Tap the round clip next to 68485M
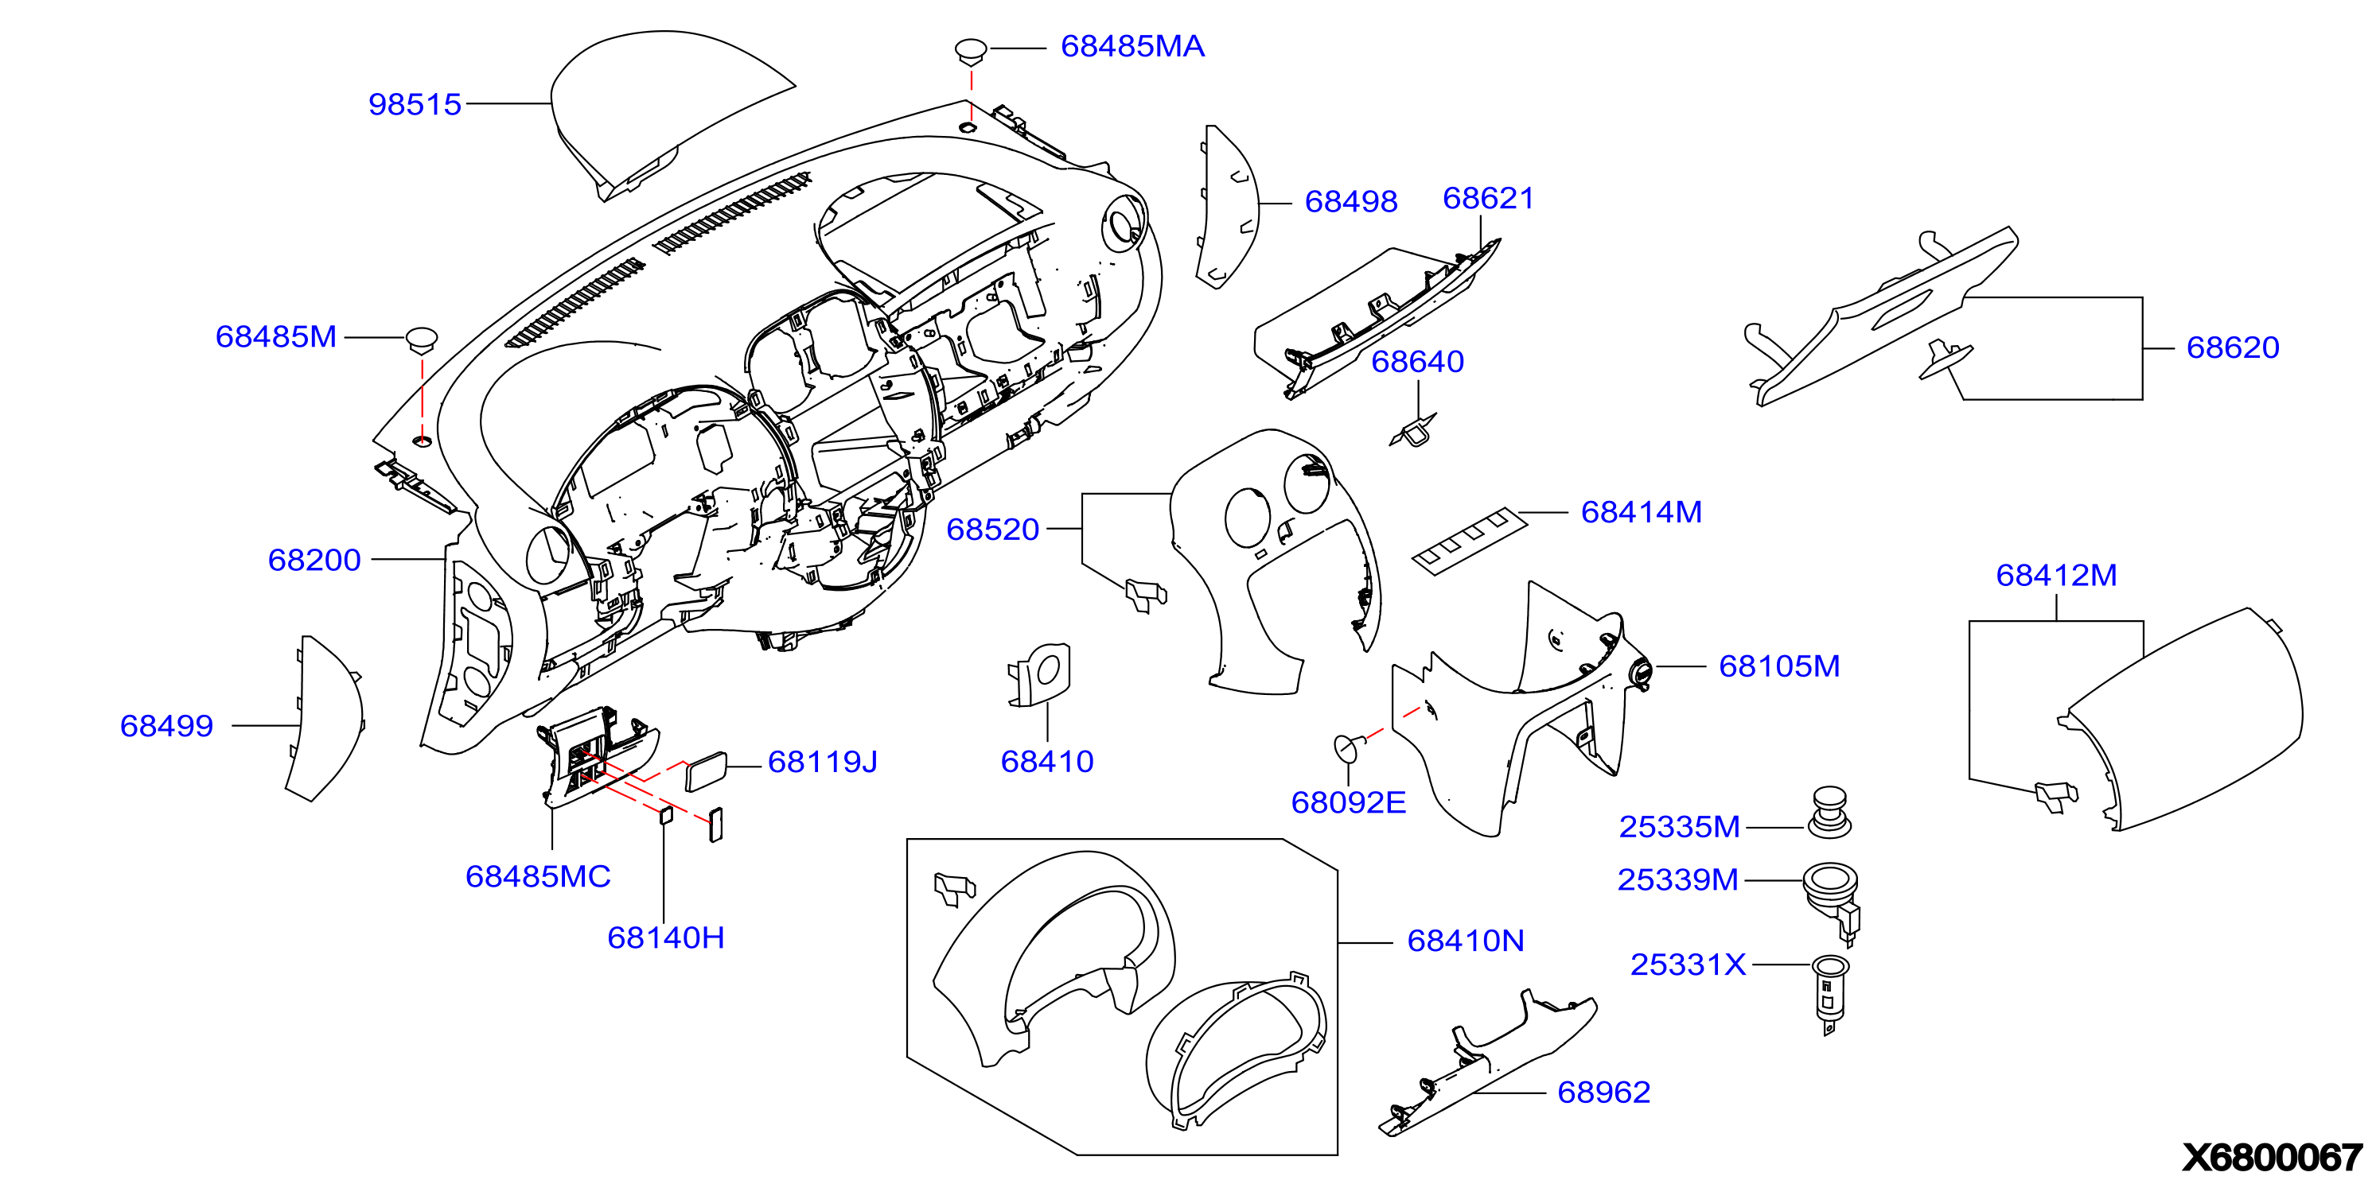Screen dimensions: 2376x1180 tap(422, 340)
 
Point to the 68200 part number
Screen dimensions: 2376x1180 tap(314, 560)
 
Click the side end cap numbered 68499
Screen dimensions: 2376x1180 tap(325, 719)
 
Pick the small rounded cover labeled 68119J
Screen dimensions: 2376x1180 tap(706, 771)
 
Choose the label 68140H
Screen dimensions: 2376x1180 tap(665, 937)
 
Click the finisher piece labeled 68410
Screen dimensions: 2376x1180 tap(1041, 675)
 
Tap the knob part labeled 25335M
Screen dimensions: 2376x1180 tap(1829, 812)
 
